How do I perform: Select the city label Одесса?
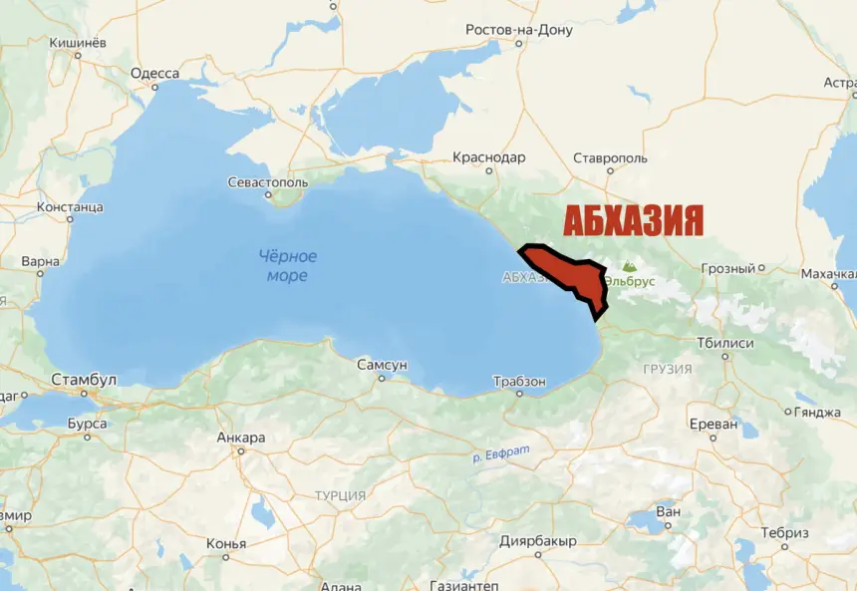point(154,74)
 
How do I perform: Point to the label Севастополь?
point(268,183)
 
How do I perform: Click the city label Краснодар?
point(488,157)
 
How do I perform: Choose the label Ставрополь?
point(610,157)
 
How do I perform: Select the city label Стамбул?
point(84,380)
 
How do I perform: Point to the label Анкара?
point(241,438)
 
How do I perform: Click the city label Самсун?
point(383,366)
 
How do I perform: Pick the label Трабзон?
point(519,382)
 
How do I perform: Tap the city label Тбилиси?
point(724,343)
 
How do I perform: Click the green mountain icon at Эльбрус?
point(628,267)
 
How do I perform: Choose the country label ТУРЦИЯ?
point(340,495)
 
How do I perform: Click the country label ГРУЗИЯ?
point(667,369)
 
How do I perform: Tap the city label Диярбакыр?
point(537,541)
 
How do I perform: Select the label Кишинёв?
point(78,44)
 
